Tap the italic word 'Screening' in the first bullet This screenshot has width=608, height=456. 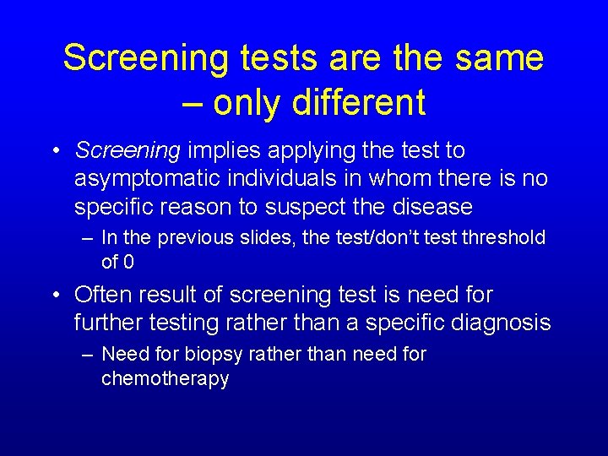[x=128, y=151]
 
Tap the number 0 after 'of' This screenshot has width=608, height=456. [x=128, y=262]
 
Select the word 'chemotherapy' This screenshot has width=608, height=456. [x=165, y=378]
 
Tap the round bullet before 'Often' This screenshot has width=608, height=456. [x=55, y=296]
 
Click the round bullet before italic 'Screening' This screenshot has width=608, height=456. [x=55, y=151]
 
